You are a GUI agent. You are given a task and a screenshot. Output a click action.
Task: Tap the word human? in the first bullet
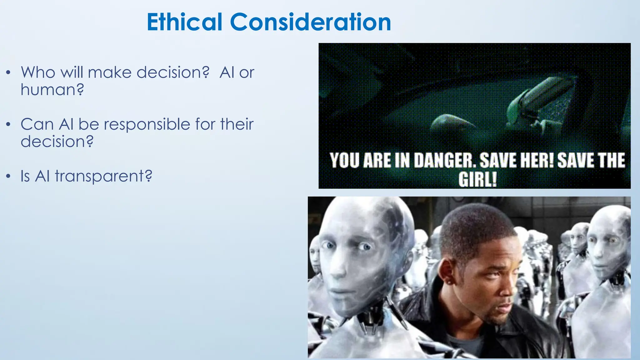click(x=52, y=90)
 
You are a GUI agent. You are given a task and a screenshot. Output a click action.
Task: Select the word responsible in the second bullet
click(x=147, y=124)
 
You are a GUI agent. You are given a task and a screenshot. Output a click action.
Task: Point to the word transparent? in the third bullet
click(x=103, y=176)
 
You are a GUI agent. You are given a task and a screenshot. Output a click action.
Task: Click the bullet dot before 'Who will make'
click(x=8, y=73)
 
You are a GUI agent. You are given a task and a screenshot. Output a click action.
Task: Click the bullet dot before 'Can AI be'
click(x=8, y=125)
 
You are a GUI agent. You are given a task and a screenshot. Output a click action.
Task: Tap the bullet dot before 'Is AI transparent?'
click(x=8, y=177)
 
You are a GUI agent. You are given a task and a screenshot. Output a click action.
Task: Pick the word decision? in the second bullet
click(x=57, y=142)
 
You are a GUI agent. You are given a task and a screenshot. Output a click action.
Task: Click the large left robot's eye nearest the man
click(x=364, y=247)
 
